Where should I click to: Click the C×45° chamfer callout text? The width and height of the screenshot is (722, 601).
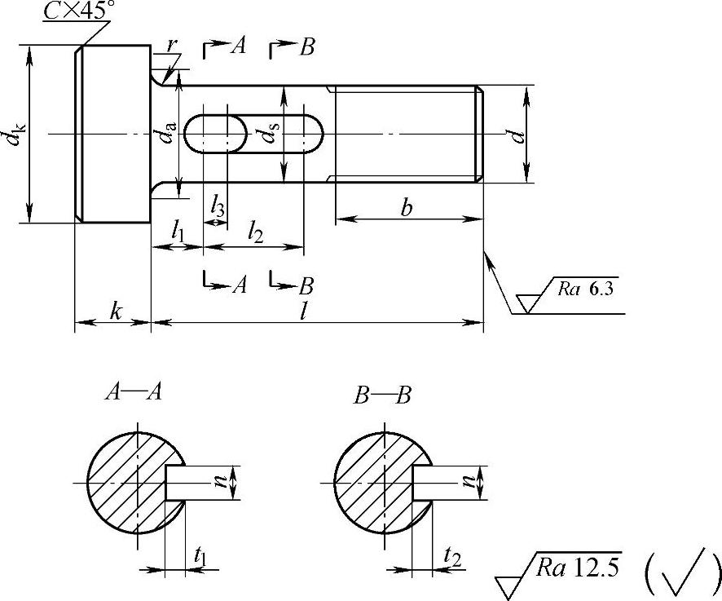pos(77,11)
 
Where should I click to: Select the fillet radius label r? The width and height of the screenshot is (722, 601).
pos(171,45)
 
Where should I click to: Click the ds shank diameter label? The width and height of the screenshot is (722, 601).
pos(270,130)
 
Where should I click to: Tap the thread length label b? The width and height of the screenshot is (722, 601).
pos(406,207)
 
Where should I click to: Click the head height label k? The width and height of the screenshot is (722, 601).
pos(115,312)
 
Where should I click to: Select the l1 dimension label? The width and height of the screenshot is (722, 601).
pos(177,231)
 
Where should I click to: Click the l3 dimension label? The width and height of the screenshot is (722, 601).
pos(218,207)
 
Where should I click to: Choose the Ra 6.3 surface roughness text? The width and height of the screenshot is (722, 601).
pos(585,289)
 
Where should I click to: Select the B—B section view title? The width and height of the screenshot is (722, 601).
pos(381,396)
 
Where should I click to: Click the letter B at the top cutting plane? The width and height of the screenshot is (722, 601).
pos(306,47)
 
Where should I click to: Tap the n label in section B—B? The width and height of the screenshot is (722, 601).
pos(469,482)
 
